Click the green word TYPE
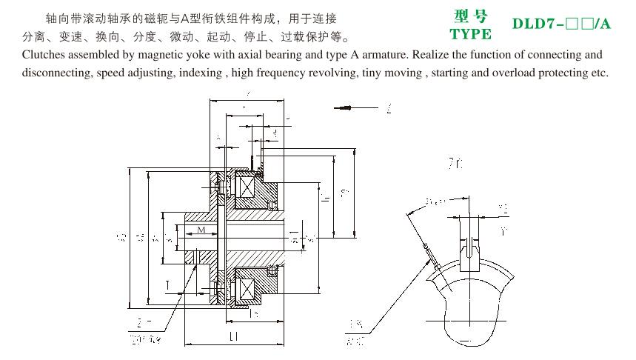[x=470, y=33]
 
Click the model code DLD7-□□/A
[x=562, y=24]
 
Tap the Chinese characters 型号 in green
[x=470, y=16]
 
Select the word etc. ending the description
[x=598, y=73]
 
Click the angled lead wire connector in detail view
[x=429, y=250]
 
